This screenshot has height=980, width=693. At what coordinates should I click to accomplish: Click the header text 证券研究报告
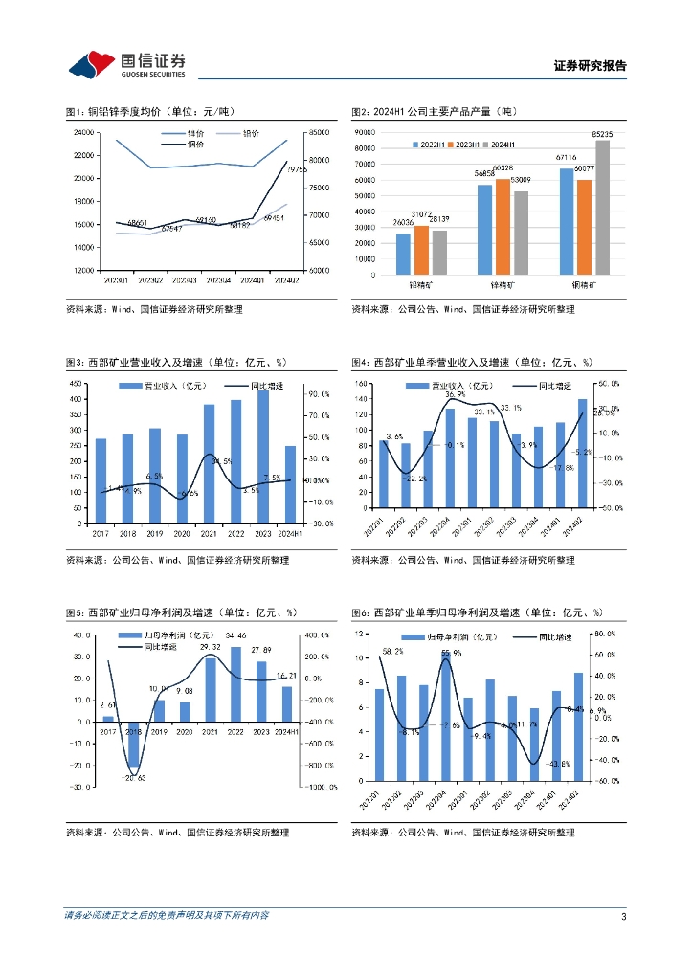tap(590, 66)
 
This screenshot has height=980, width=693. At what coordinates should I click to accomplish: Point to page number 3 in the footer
tap(623, 917)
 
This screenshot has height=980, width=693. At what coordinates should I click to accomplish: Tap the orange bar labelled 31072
tap(421, 250)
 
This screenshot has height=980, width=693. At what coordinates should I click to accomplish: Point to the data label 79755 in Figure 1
tap(296, 168)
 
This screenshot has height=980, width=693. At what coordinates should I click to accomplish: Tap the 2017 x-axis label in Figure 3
tap(101, 532)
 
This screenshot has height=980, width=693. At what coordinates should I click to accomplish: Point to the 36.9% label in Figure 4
tap(456, 394)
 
